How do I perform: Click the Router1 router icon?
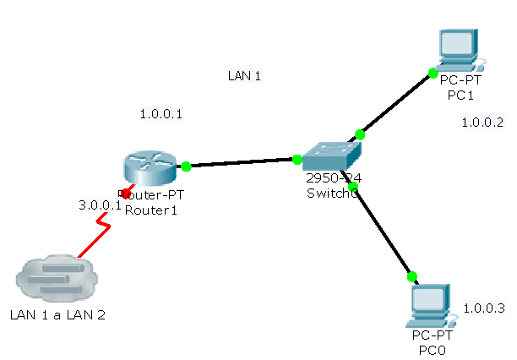pyautogui.click(x=148, y=167)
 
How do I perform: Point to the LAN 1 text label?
pyautogui.click(x=244, y=76)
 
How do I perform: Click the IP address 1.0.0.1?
pyautogui.click(x=161, y=113)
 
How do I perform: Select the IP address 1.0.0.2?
pyautogui.click(x=482, y=123)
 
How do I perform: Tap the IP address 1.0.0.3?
pyautogui.click(x=484, y=307)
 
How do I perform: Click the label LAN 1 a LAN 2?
pyautogui.click(x=57, y=315)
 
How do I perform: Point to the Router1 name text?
pyautogui.click(x=150, y=210)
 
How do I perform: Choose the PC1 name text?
pyautogui.click(x=460, y=95)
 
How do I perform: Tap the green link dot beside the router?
pyautogui.click(x=186, y=166)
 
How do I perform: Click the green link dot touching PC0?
pyautogui.click(x=411, y=276)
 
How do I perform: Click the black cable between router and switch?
pyautogui.click(x=241, y=163)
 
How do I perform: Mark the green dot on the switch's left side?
pyautogui.click(x=297, y=159)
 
